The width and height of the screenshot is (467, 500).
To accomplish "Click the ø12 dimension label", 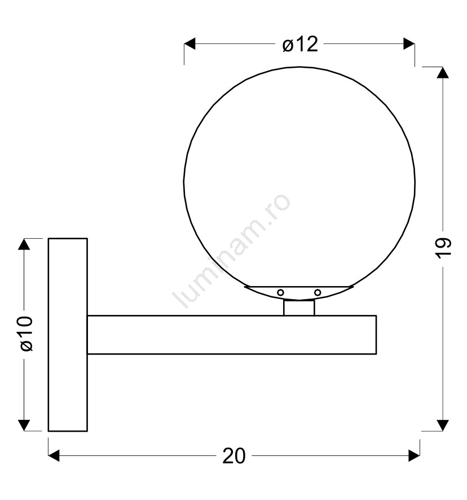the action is [300, 44].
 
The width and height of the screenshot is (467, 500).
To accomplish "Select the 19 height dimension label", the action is [443, 248].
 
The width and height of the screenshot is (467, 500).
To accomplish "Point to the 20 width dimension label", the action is [233, 455].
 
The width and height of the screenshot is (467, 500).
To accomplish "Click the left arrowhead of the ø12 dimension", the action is [190, 43].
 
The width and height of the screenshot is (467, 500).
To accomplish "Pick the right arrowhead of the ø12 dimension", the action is [409, 43].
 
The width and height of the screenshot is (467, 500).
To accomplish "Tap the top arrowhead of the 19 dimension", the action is [443, 73].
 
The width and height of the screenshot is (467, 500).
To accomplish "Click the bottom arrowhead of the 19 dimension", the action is [443, 426].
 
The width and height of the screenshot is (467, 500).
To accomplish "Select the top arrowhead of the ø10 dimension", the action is [24, 244].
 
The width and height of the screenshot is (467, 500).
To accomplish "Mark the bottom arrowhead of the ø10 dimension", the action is [24, 426].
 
